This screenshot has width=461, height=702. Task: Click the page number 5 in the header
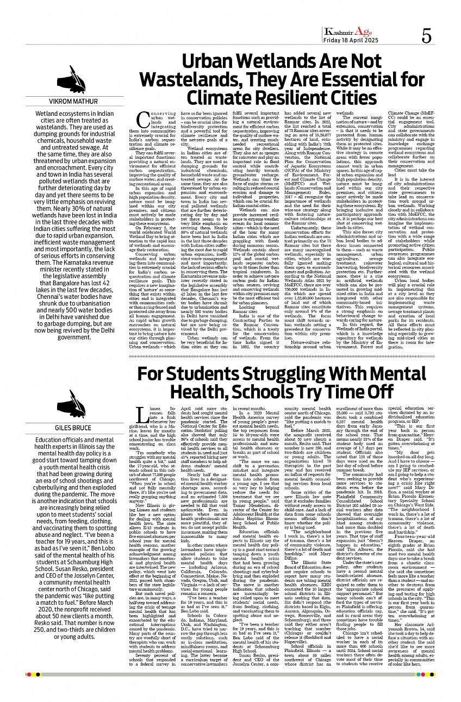tap(427, 36)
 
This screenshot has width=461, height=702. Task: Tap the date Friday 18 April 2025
tap(351, 41)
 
